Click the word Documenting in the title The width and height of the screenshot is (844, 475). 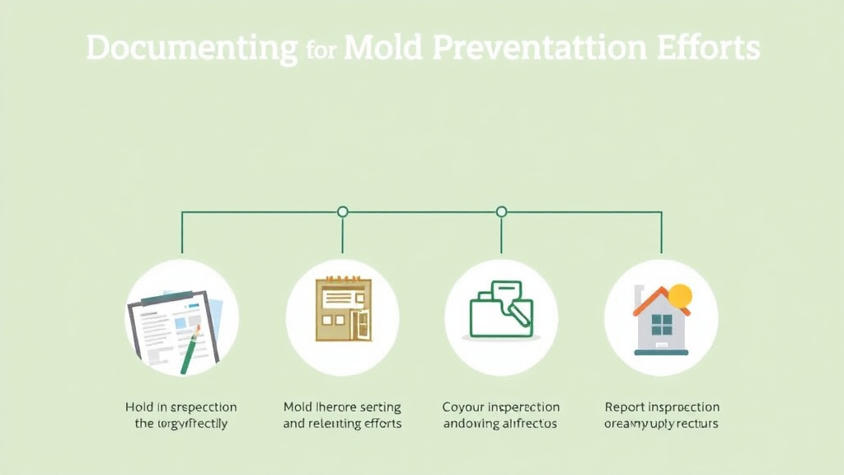[191, 49]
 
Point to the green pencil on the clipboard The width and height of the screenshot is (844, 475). [190, 350]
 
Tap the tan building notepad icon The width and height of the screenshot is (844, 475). [343, 310]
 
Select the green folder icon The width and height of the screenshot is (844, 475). [499, 312]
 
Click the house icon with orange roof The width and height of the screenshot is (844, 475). [661, 322]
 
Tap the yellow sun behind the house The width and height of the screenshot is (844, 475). [681, 295]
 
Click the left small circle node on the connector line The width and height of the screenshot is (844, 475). [343, 212]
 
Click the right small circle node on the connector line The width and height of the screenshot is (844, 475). [501, 212]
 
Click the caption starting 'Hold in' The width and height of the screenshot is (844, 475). [181, 416]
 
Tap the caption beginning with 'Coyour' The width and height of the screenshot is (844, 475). [500, 416]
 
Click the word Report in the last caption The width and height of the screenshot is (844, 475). [624, 407]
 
